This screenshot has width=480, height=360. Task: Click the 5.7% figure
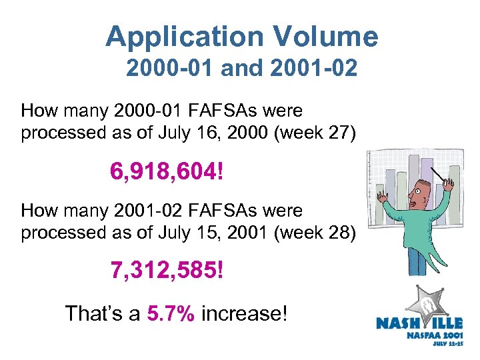[171, 313]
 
